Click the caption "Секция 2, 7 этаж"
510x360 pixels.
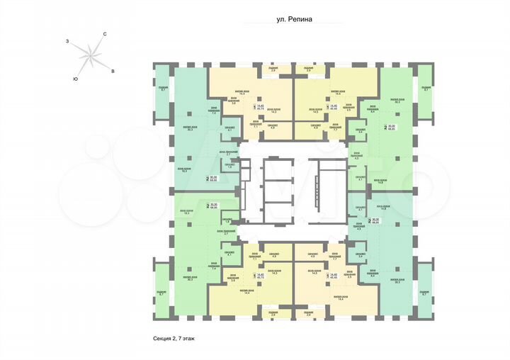(176, 339)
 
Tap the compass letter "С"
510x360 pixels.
(105, 35)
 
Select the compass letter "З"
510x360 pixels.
(67, 43)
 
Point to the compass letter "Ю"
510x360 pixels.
(75, 79)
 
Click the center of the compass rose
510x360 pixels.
(90, 56)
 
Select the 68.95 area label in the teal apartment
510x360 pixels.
(213, 179)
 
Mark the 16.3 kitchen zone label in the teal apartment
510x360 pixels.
(183, 170)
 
